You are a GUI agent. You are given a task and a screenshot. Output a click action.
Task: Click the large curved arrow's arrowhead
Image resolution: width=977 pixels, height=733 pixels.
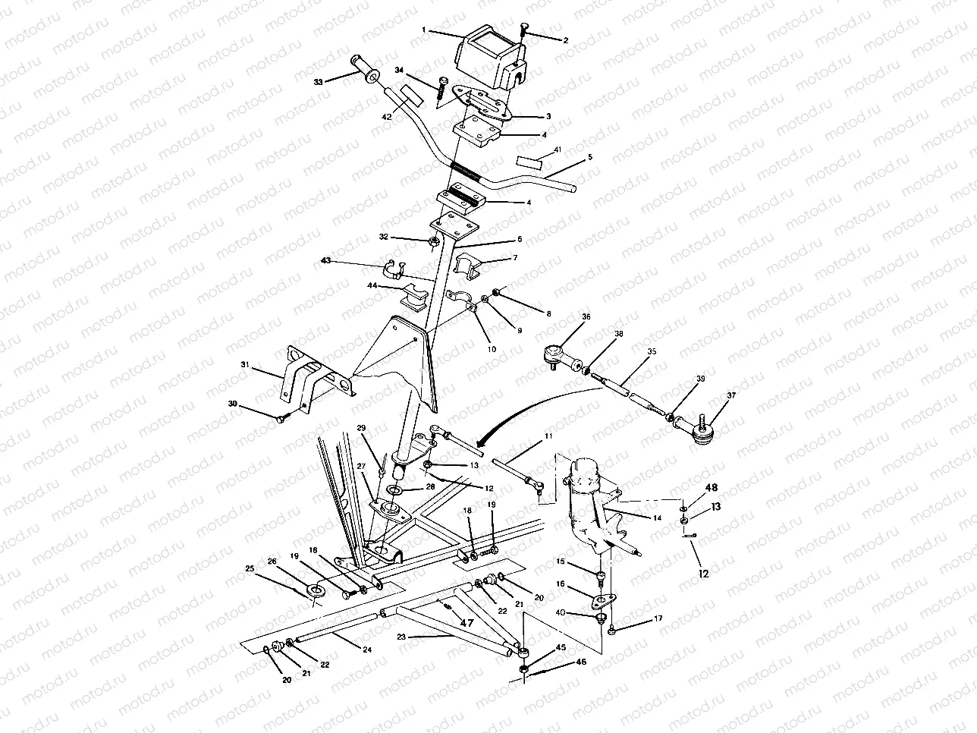click(479, 442)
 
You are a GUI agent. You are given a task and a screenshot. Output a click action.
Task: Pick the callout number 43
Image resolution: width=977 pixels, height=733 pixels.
click(326, 261)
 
